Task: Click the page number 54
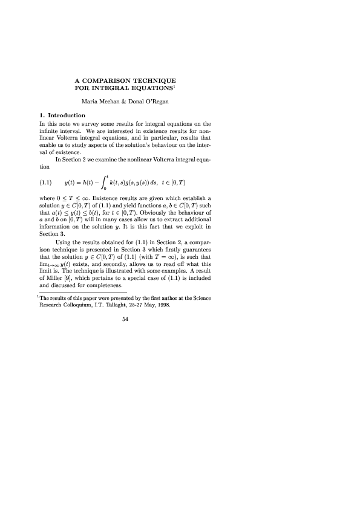[125, 320]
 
